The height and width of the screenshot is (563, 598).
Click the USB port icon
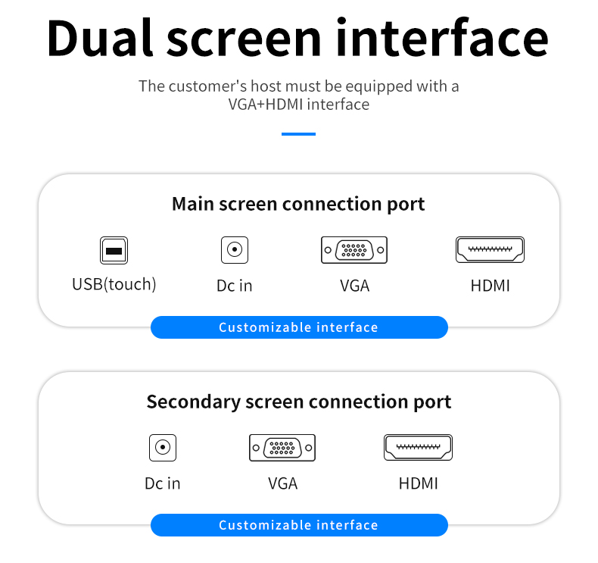click(x=114, y=250)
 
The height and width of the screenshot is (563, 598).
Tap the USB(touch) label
click(x=114, y=284)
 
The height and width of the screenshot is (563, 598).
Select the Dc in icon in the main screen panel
click(x=235, y=250)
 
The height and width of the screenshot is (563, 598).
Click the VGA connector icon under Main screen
click(x=354, y=250)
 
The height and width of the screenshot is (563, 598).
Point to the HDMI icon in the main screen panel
click(x=490, y=249)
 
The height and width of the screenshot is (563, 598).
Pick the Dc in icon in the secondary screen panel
click(x=163, y=447)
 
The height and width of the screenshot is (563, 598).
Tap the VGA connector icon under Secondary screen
click(x=282, y=447)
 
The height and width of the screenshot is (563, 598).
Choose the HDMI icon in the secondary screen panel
click(x=418, y=447)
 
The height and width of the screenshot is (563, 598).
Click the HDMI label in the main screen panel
click(x=490, y=286)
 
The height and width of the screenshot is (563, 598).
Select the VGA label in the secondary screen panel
click(x=282, y=483)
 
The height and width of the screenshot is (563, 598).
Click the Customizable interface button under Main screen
click(x=299, y=327)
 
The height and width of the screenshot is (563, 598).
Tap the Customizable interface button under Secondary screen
click(x=299, y=525)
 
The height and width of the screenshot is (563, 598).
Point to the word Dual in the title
click(x=100, y=39)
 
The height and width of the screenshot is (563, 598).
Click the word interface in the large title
click(x=442, y=37)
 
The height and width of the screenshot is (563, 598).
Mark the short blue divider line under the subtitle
click(x=298, y=134)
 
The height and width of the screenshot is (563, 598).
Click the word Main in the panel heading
click(x=193, y=204)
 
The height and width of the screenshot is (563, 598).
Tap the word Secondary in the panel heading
click(x=193, y=402)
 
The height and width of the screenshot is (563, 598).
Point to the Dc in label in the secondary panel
click(x=163, y=483)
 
